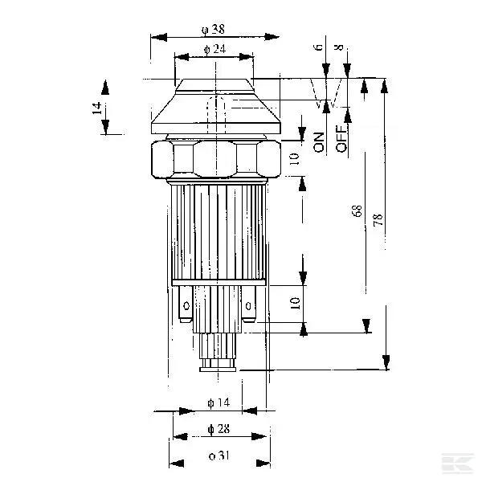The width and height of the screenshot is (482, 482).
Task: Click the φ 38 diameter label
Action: click(214, 29)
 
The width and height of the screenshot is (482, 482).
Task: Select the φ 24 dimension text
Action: click(214, 50)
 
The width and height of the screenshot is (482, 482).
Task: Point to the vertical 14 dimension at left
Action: click(97, 108)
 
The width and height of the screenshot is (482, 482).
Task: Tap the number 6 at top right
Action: click(319, 48)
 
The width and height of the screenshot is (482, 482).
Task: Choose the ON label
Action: click(319, 142)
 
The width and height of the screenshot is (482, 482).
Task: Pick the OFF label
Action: click(341, 141)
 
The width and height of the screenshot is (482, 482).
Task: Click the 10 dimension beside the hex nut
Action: click(294, 158)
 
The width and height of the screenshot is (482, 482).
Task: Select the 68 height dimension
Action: click(357, 212)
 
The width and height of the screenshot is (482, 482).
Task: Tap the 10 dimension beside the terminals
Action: click(295, 303)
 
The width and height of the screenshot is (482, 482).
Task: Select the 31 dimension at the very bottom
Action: click(218, 456)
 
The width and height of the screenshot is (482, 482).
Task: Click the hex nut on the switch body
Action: click(215, 158)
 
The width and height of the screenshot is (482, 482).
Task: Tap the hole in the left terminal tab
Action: click(186, 305)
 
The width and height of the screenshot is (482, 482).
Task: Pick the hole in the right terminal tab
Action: click(249, 305)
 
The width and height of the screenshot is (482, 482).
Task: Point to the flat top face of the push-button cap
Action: click(214, 80)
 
